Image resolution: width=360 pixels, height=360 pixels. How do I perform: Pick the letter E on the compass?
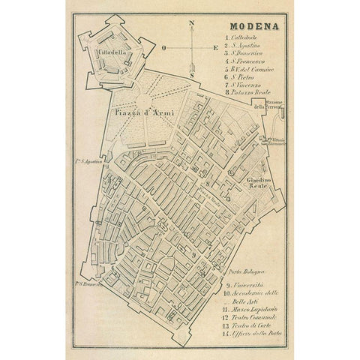pyautogui.click(x=217, y=48)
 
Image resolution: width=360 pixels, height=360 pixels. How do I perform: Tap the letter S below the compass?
pyautogui.click(x=193, y=75)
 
